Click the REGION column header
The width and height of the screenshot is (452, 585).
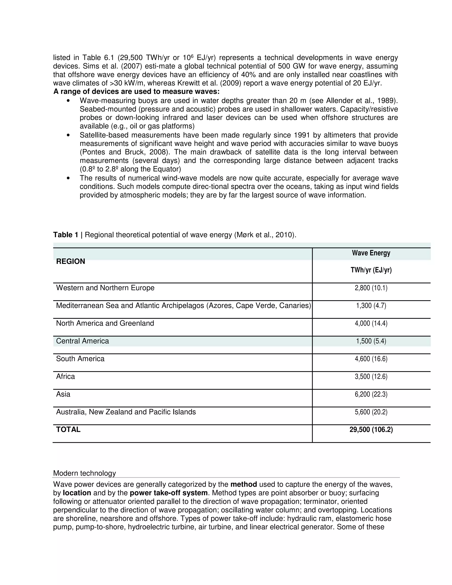70,261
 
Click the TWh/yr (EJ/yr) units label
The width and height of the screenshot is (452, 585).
371,270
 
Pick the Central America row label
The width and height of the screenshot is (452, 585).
83,341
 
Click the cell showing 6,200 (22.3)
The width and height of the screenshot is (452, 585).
371,394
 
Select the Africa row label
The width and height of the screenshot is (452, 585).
65,377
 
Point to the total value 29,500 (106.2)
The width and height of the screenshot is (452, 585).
371,430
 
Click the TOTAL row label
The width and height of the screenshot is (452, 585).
68,430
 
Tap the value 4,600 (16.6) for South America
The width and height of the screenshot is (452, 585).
371,359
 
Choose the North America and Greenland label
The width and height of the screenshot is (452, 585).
105,323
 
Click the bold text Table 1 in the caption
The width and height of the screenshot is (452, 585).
66,235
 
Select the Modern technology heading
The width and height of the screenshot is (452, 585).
84,473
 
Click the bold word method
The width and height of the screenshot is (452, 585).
243,485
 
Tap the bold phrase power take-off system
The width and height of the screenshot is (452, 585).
169,493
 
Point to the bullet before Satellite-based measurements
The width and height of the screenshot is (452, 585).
69,135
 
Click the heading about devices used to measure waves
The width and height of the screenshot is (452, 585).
136,92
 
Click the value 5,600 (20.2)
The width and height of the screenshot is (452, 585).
371,412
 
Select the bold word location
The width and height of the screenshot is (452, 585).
77,493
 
